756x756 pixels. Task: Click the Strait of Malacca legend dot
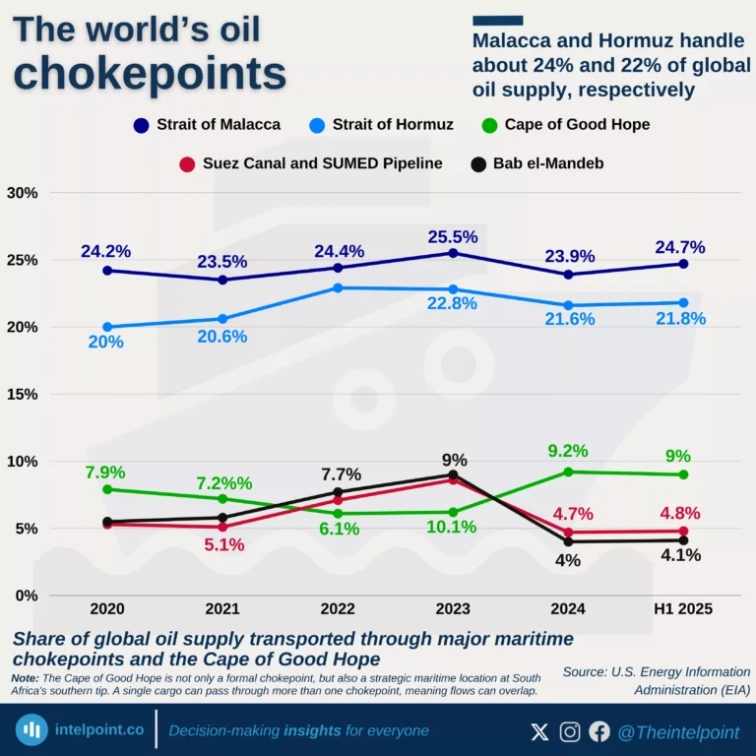click(x=142, y=125)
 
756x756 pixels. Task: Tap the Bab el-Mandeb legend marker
click(x=478, y=163)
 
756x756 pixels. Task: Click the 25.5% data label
click(x=453, y=236)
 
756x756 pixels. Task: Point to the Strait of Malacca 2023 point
click(x=453, y=253)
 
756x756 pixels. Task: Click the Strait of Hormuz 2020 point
click(x=106, y=327)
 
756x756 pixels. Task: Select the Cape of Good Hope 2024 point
click(x=568, y=472)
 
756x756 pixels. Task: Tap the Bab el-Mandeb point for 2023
click(x=453, y=474)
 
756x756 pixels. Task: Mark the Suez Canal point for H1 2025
click(x=683, y=532)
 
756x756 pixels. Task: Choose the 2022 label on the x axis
click(x=338, y=609)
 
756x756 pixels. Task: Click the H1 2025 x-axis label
click(x=683, y=609)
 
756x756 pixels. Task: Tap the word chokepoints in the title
click(x=151, y=74)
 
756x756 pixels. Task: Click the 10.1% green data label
click(x=453, y=527)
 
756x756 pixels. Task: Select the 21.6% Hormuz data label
click(x=569, y=321)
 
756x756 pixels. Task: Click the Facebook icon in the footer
click(x=599, y=731)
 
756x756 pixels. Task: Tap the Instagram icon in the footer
click(x=570, y=731)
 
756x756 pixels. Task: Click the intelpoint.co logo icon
click(x=33, y=730)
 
